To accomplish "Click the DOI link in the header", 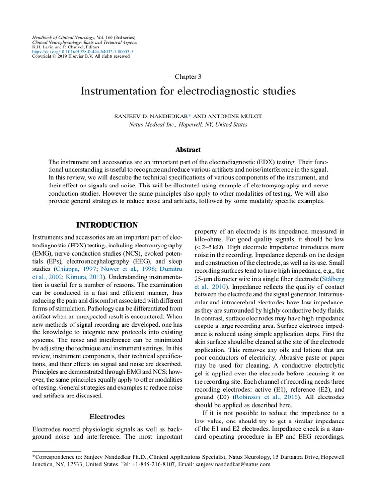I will pyautogui.click(x=82, y=51).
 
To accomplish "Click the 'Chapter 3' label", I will pyautogui.click(x=184, y=76).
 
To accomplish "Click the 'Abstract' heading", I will pyautogui.click(x=184, y=150).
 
